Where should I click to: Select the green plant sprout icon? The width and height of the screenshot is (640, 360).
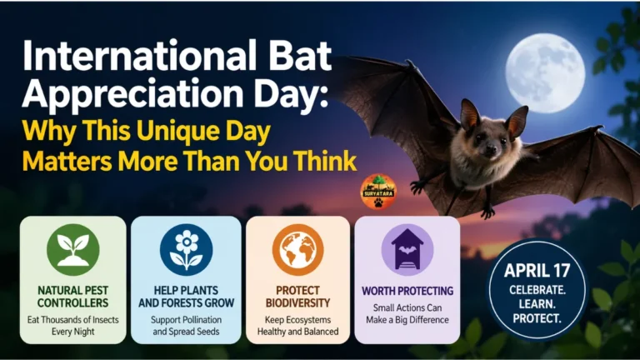(73, 250)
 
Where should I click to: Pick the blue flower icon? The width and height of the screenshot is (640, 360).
(186, 250)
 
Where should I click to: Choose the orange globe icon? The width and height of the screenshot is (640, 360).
(297, 250)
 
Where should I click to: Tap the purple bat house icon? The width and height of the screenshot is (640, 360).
(407, 250)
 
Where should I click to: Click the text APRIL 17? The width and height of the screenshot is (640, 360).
(537, 270)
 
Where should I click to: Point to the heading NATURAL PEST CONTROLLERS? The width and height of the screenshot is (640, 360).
(73, 297)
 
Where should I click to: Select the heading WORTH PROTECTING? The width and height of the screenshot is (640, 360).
(407, 291)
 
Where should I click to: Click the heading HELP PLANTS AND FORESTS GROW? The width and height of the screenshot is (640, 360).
(186, 297)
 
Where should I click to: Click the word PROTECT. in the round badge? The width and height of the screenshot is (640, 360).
(537, 318)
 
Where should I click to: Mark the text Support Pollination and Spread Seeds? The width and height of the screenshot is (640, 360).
(186, 325)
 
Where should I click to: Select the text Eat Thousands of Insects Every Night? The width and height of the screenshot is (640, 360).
(73, 325)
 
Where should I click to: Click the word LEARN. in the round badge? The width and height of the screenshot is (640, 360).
(537, 303)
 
